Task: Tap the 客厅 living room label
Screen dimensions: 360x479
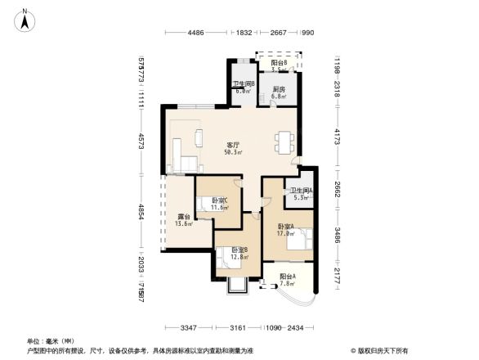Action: pyautogui.click(x=234, y=145)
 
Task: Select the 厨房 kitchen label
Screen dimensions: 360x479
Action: pyautogui.click(x=279, y=89)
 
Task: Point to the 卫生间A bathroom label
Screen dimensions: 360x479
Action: pyautogui.click(x=296, y=191)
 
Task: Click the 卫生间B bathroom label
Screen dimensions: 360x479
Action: pyautogui.click(x=244, y=84)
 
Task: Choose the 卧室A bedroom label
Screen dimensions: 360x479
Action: pyautogui.click(x=286, y=226)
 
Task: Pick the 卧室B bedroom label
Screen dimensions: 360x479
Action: pyautogui.click(x=239, y=250)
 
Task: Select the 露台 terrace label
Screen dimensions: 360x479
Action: pyautogui.click(x=185, y=216)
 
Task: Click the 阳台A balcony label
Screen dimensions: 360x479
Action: pyautogui.click(x=286, y=277)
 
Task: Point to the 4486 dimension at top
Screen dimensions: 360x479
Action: pyautogui.click(x=195, y=33)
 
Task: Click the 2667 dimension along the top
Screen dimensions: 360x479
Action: pyautogui.click(x=278, y=33)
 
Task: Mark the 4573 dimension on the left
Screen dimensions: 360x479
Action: pyautogui.click(x=141, y=140)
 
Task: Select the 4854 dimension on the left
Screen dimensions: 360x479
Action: pyautogui.click(x=141, y=212)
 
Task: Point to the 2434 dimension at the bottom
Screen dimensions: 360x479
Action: pyautogui.click(x=295, y=328)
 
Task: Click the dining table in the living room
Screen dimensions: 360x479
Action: pyautogui.click(x=284, y=142)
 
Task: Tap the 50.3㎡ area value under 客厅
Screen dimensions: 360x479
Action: pyautogui.click(x=233, y=152)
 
